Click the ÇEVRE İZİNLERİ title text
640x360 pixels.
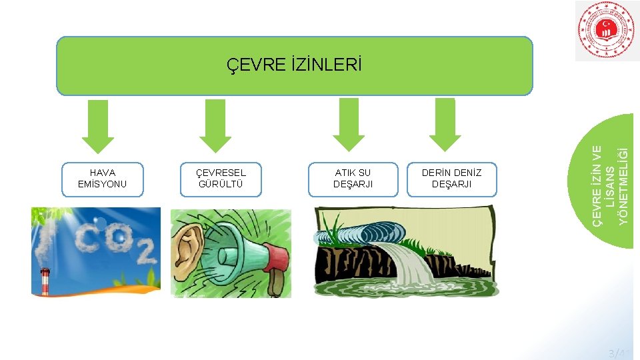pos(294,65)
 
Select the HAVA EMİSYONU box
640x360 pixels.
pos(102,179)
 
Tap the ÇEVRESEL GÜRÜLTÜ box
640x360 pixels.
pos(221,179)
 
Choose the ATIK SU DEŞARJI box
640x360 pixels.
pos(352,179)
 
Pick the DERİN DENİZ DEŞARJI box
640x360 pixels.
pos(451,179)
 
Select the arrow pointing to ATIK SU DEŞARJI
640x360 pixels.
pos(349,125)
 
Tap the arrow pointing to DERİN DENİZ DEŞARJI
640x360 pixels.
pos(445,125)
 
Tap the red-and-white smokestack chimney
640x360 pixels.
pos(45,281)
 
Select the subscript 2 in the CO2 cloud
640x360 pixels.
pos(146,252)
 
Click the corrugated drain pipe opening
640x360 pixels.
pos(383,233)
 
